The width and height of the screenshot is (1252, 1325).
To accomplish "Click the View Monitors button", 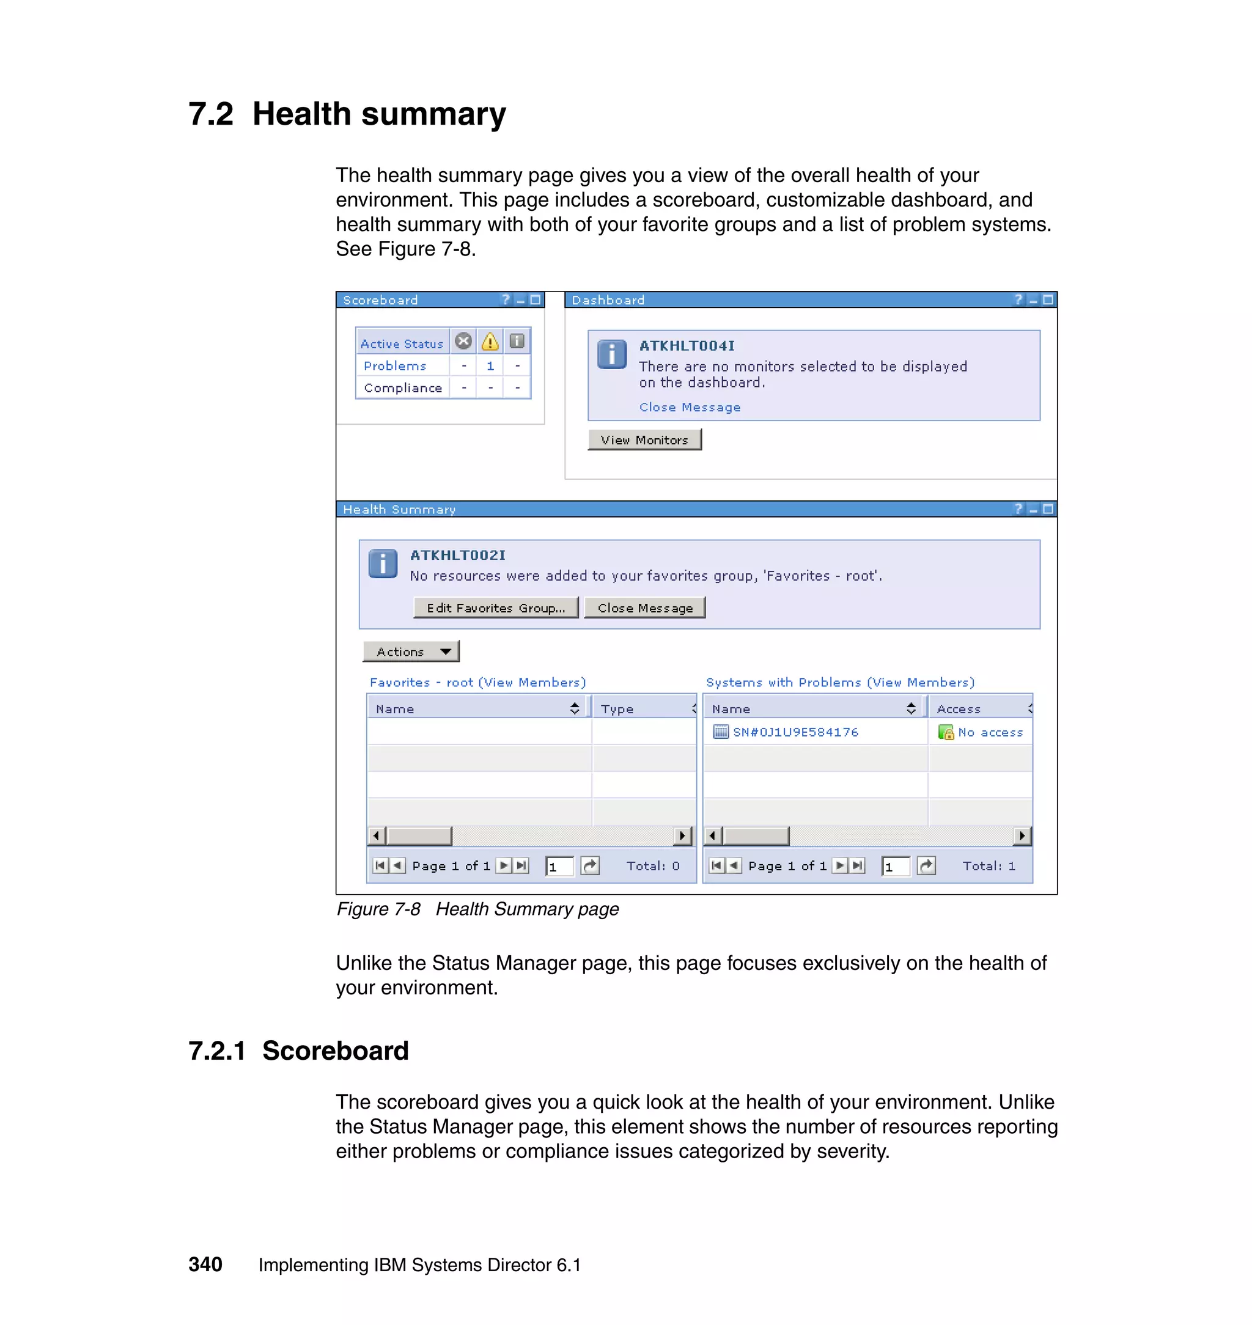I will pyautogui.click(x=644, y=439).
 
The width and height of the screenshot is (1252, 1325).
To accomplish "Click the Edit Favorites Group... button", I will pyautogui.click(x=495, y=607).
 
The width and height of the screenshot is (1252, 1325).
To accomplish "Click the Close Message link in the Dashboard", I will pyautogui.click(x=690, y=407).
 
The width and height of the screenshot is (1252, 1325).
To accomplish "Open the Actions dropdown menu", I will pyautogui.click(x=411, y=651).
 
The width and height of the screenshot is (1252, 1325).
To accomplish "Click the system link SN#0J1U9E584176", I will pyautogui.click(x=795, y=732).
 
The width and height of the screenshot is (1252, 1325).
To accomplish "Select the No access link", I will pyautogui.click(x=990, y=732).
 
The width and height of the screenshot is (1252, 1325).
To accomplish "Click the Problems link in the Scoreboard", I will pyautogui.click(x=394, y=365).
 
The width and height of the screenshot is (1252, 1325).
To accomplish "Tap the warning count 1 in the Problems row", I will pyautogui.click(x=490, y=365).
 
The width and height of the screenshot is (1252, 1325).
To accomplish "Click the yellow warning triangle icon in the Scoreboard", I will pyautogui.click(x=490, y=342).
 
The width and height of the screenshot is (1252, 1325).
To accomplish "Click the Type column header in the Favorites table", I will pyautogui.click(x=617, y=708).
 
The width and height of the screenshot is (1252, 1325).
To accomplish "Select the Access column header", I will pyautogui.click(x=959, y=708).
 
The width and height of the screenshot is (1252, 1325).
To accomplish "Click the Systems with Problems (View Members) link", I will pyautogui.click(x=839, y=682).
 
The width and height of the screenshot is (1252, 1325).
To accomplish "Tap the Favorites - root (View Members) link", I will pyautogui.click(x=477, y=682).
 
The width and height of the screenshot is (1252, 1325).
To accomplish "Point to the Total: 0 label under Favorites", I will pyautogui.click(x=652, y=865).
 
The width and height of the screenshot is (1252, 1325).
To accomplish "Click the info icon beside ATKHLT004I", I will pyautogui.click(x=611, y=354).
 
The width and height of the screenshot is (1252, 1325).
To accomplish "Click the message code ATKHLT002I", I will pyautogui.click(x=458, y=555).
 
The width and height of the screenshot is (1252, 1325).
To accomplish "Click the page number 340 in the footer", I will pyautogui.click(x=205, y=1264).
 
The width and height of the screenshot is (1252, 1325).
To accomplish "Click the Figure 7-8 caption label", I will pyautogui.click(x=378, y=909).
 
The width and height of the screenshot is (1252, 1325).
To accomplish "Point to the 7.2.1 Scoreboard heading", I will pyautogui.click(x=298, y=1050).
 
